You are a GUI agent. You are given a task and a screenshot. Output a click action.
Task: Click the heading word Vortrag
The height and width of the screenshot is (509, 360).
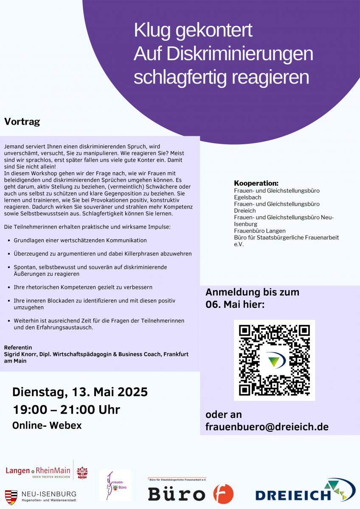tap(22, 122)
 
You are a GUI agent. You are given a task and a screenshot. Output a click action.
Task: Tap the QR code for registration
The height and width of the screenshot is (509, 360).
tap(274, 360)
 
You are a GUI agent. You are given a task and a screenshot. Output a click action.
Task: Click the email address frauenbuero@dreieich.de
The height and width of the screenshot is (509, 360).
tap(267, 426)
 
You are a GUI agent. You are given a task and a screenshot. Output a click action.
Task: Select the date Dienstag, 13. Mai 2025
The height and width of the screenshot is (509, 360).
tap(80, 392)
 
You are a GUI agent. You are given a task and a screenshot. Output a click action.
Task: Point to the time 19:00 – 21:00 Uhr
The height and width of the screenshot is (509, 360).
tap(66, 410)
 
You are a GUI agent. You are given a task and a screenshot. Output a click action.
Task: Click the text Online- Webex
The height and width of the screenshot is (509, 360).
tap(47, 425)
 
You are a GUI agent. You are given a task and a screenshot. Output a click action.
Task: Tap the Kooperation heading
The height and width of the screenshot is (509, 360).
tap(256, 183)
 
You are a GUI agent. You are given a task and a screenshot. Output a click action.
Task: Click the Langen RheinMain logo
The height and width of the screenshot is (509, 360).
tap(38, 471)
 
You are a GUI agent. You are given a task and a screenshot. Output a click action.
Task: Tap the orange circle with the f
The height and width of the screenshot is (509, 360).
tap(223, 494)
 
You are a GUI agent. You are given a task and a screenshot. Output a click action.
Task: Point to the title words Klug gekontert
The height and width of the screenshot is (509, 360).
tap(193, 31)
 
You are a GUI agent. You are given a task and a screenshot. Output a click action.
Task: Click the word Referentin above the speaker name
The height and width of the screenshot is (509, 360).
tap(18, 347)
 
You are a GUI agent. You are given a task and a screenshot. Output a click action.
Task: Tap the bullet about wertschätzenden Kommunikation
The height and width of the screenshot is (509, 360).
tap(80, 241)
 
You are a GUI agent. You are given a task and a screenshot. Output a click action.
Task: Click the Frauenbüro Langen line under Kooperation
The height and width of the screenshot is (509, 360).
tap(260, 231)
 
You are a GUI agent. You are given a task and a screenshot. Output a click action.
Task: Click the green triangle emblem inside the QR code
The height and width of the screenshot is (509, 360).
tap(275, 360)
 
